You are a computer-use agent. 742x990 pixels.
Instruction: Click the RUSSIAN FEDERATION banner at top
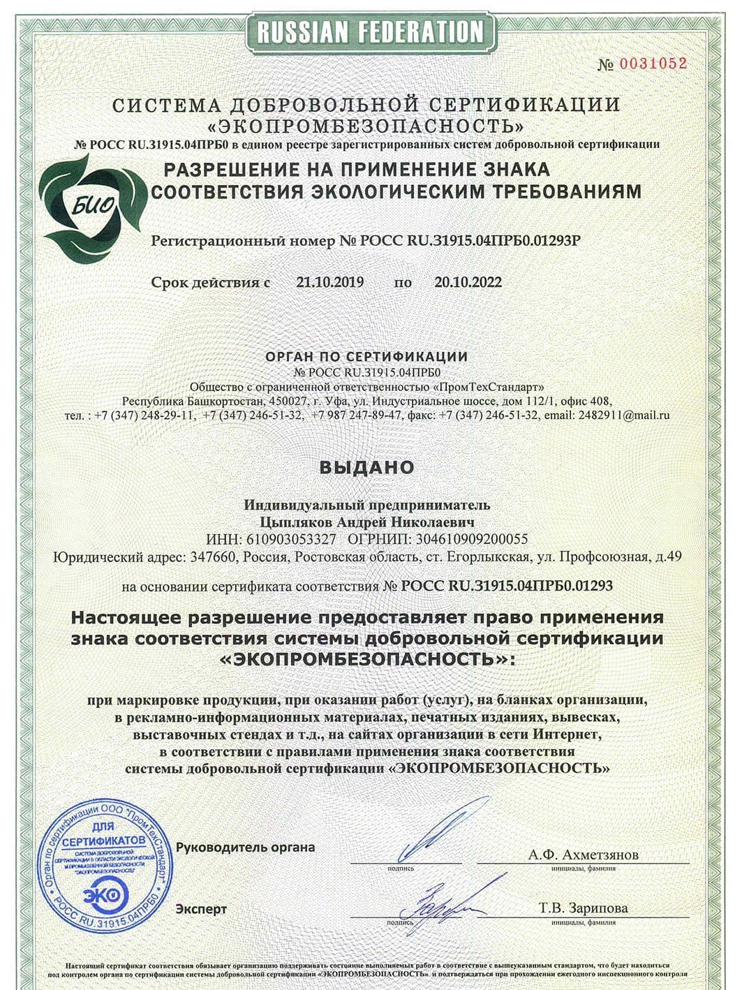(x=370, y=31)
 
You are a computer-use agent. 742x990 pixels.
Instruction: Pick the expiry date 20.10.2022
(x=468, y=283)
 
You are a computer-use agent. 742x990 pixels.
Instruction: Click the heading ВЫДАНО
(x=367, y=467)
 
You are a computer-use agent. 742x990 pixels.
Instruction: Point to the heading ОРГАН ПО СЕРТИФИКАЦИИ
(x=366, y=357)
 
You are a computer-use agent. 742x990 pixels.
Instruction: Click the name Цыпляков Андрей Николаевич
(x=367, y=522)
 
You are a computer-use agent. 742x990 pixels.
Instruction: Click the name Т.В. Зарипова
(x=584, y=908)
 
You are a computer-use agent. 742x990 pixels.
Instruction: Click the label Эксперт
(x=201, y=909)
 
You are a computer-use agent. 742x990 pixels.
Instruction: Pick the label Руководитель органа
(x=245, y=848)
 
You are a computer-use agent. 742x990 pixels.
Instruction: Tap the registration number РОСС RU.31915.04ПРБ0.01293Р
(x=470, y=242)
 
